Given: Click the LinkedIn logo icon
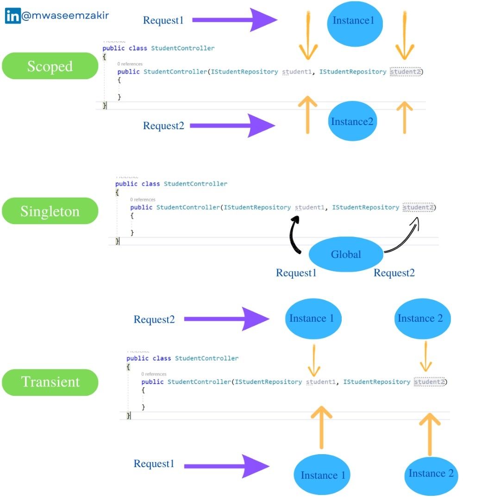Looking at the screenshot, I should (x=13, y=16).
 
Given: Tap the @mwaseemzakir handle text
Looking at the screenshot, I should (x=65, y=16).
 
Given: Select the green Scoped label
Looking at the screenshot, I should (x=50, y=66).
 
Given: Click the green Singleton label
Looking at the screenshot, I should (x=50, y=211).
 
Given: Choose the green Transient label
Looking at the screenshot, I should (x=50, y=382).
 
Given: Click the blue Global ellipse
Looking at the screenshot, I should (x=346, y=254).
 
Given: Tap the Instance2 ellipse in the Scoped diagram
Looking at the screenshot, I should (x=352, y=122).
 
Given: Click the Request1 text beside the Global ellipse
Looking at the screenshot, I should (x=296, y=273).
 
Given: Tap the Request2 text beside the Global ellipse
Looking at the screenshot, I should (x=394, y=273).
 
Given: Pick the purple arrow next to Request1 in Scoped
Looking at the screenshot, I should (x=234, y=20).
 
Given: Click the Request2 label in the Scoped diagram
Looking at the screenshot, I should (x=163, y=125).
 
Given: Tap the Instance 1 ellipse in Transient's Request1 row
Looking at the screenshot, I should (x=323, y=475).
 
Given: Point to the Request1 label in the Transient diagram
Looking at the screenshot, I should (x=154, y=464).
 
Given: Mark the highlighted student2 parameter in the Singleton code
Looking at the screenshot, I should (x=418, y=207).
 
